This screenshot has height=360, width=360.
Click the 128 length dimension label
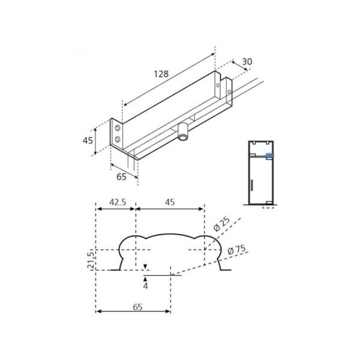(161, 74)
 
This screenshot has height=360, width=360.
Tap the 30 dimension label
(246, 62)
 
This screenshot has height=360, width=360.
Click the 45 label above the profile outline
(170, 202)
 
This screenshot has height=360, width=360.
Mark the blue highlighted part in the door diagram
(269, 154)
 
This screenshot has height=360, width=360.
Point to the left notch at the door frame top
(253, 143)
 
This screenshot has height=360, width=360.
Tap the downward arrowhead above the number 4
(145, 266)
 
